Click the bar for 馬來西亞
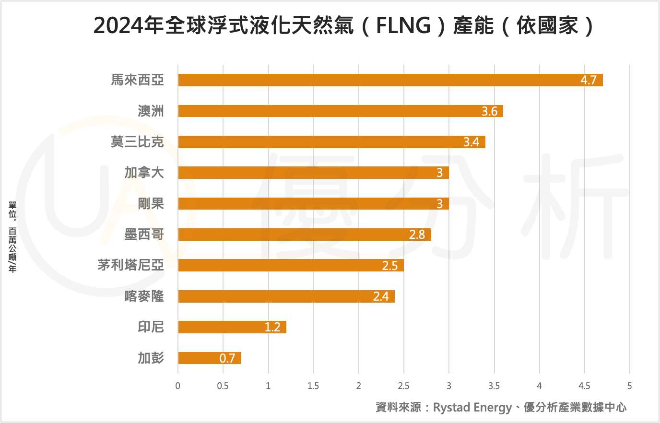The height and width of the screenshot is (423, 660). [x=390, y=80]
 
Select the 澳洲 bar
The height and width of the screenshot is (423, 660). [x=341, y=111]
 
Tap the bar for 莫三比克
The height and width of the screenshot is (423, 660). [x=331, y=142]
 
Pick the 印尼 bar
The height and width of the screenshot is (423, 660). [x=232, y=327]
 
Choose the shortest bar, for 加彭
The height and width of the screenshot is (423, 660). [x=210, y=358]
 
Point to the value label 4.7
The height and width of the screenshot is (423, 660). [x=588, y=81]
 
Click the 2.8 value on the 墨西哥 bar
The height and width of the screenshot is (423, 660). [x=417, y=235]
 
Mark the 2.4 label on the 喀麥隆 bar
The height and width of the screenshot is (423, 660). [x=381, y=296]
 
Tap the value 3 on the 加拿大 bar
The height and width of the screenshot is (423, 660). [x=439, y=173]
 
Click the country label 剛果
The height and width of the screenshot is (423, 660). [x=151, y=204]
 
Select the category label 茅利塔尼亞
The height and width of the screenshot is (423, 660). [x=130, y=265]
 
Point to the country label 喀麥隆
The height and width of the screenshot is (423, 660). [x=144, y=296]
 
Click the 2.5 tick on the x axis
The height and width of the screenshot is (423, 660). [x=403, y=386]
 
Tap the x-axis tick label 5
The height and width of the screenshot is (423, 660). [x=629, y=386]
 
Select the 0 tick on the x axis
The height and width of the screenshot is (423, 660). [x=178, y=386]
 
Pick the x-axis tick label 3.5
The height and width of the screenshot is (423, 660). [x=494, y=386]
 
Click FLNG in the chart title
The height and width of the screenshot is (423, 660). [x=403, y=25]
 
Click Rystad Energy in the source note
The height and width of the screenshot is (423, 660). [x=472, y=408]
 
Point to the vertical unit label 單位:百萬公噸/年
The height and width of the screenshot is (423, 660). [x=12, y=237]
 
